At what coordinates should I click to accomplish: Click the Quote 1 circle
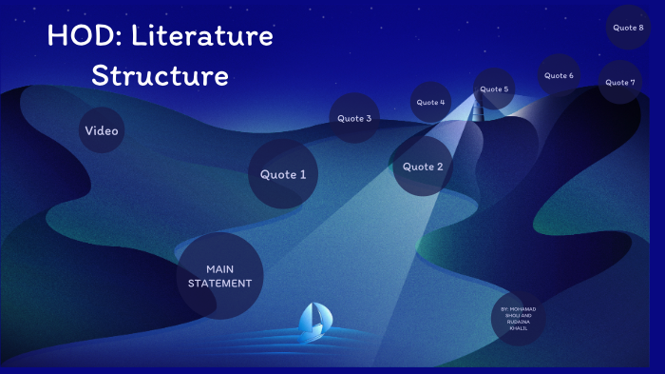283,174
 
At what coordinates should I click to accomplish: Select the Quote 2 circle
423,167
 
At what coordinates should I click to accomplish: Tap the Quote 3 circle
354,119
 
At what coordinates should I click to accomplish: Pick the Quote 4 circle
430,102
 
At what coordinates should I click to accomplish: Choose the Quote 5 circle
494,89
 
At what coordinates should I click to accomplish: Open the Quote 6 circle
559,75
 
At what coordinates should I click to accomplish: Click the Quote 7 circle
620,83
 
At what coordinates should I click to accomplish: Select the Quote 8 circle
628,28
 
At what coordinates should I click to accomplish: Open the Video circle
102,130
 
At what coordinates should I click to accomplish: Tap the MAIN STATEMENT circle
219,276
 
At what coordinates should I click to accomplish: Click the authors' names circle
519,318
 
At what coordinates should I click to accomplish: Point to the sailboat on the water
313,324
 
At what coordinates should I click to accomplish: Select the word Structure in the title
160,75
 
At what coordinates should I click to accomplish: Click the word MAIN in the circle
219,269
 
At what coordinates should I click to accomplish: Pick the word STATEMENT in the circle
219,284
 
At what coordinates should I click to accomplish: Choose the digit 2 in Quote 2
439,167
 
